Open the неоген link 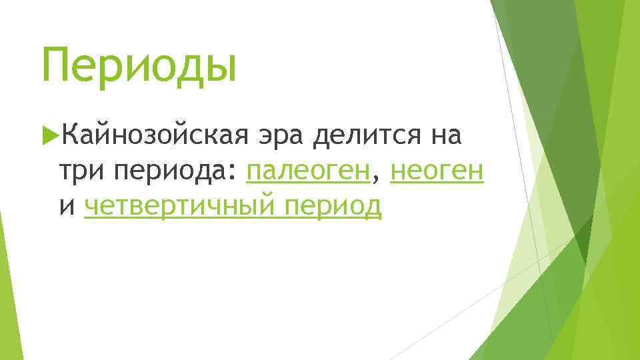click(x=436, y=171)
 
